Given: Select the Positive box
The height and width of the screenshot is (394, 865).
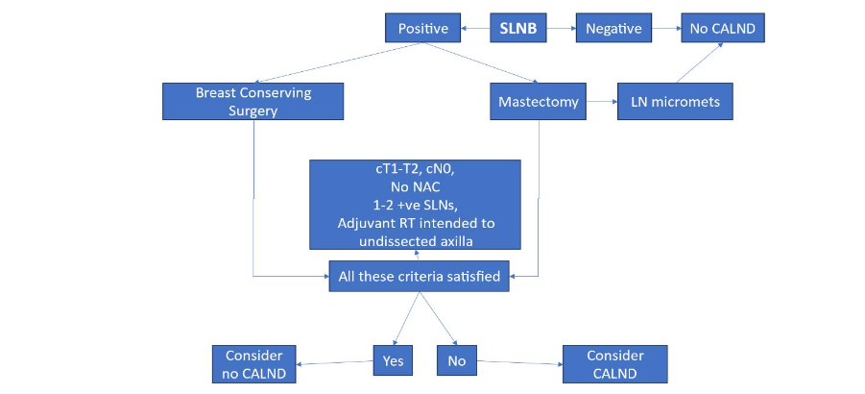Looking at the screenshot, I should click(x=423, y=29).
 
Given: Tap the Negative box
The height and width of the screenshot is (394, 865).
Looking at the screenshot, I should click(x=613, y=29).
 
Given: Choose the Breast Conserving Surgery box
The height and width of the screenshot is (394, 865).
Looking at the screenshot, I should click(x=253, y=102).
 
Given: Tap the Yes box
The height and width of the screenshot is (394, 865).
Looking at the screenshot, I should click(x=392, y=362).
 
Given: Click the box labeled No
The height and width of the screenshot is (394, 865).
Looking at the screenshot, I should click(x=457, y=362).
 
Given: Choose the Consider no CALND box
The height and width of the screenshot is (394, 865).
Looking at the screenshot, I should click(x=253, y=363).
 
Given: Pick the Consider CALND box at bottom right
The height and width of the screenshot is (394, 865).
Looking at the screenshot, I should click(x=614, y=363).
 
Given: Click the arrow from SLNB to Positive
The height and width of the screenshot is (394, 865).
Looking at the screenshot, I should click(x=476, y=29).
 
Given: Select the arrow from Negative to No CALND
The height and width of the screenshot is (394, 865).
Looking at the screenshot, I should click(x=666, y=29).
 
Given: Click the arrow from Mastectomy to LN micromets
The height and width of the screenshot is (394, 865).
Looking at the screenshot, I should click(x=602, y=101).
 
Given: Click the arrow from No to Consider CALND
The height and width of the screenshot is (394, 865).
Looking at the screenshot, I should click(x=519, y=363).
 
